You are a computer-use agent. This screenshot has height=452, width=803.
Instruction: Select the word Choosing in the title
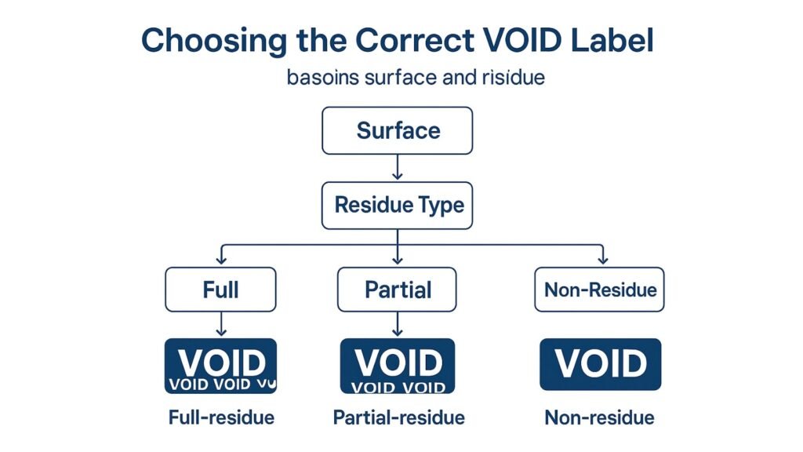coord(208,40)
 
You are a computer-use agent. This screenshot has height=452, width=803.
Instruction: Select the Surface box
coord(398,130)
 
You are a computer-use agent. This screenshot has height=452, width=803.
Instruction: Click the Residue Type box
coord(398,206)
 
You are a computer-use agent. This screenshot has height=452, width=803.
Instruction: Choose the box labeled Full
coord(220,290)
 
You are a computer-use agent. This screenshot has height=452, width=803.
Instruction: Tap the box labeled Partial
coord(398,290)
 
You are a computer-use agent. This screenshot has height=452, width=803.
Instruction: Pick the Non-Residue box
coord(600,290)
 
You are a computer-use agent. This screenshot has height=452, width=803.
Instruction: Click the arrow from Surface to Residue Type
coord(398,166)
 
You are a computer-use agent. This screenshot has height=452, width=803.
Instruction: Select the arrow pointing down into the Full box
coord(221,255)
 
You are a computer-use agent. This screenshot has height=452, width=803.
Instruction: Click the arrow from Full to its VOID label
coord(221,323)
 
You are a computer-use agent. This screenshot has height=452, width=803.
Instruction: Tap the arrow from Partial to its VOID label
coord(398,323)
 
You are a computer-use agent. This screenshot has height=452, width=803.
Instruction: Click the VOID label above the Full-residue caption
coord(220,366)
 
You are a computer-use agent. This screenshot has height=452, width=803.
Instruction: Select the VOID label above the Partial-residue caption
coord(398,366)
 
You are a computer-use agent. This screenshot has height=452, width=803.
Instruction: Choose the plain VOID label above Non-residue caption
coord(600,364)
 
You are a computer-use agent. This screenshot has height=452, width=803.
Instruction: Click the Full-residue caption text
coord(221,417)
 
